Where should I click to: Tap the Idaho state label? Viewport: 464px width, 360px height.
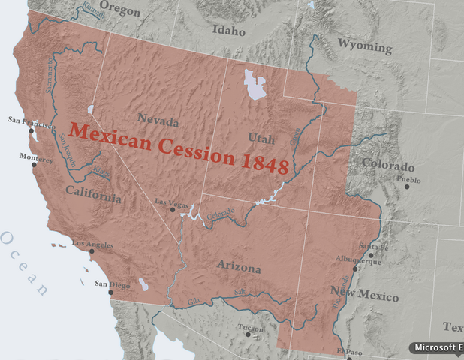pyautogui.click(x=228, y=31)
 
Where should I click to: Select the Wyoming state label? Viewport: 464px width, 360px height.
pyautogui.click(x=363, y=46)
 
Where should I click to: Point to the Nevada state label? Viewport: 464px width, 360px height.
pyautogui.click(x=158, y=121)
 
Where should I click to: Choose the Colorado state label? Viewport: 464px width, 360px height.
pyautogui.click(x=387, y=165)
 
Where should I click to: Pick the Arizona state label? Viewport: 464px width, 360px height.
pyautogui.click(x=239, y=268)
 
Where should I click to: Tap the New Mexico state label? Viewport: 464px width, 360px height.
pyautogui.click(x=365, y=293)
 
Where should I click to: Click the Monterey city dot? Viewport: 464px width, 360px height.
pyautogui.click(x=35, y=164)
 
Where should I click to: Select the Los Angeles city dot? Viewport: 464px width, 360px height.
pyautogui.click(x=91, y=251)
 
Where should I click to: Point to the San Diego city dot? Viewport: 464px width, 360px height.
pyautogui.click(x=111, y=292)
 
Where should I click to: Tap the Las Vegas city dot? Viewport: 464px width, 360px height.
pyautogui.click(x=173, y=209)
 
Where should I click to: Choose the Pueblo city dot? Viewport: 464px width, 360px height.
pyautogui.click(x=408, y=186)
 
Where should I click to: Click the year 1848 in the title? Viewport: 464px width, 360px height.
pyautogui.click(x=266, y=165)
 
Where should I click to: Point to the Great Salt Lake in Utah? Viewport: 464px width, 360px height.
pyautogui.click(x=256, y=85)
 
